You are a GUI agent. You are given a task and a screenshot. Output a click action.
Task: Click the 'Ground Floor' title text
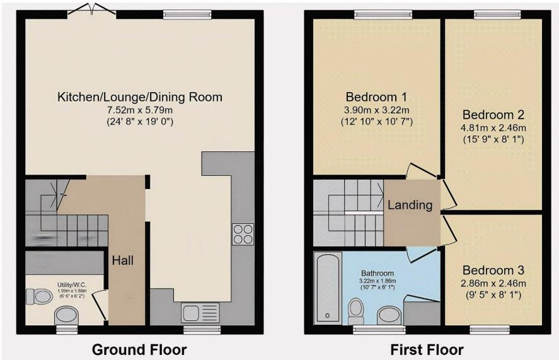pyautogui.click(x=139, y=349)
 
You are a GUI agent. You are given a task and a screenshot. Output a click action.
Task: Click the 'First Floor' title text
pyautogui.click(x=427, y=349)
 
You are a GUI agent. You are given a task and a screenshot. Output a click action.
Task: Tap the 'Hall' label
pyautogui.click(x=123, y=260)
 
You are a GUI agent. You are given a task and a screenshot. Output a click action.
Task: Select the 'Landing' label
pyautogui.click(x=410, y=205)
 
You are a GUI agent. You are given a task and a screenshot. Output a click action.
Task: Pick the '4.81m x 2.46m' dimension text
pyautogui.click(x=493, y=127)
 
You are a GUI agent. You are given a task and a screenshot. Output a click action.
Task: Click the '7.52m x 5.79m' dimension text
pyautogui.click(x=140, y=110)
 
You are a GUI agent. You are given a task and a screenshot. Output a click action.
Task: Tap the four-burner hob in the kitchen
pyautogui.click(x=243, y=234)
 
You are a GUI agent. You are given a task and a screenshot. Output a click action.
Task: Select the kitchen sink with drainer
pyautogui.click(x=200, y=312)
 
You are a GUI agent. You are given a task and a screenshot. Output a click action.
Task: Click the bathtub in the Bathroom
pyautogui.click(x=327, y=287)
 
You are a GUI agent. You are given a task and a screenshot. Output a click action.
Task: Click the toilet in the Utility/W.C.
pyautogui.click(x=40, y=295)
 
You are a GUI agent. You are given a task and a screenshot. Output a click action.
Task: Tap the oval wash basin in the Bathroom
pyautogui.click(x=388, y=315)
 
